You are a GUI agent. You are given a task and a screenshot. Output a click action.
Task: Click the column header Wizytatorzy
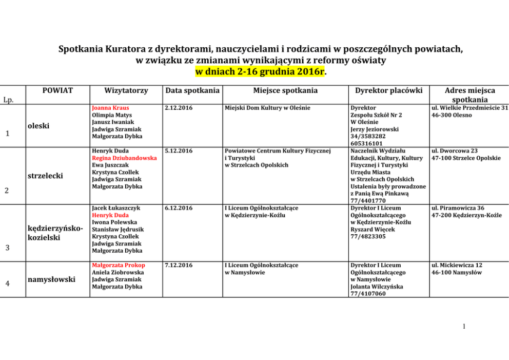point(126,90)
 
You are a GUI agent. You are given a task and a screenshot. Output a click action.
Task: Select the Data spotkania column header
point(192,90)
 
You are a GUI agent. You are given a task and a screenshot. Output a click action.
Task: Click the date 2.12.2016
point(179,108)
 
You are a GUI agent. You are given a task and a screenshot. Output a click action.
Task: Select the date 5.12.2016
point(179,151)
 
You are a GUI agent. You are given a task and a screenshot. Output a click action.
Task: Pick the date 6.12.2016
point(179,208)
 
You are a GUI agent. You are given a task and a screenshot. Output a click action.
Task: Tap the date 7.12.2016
point(179,265)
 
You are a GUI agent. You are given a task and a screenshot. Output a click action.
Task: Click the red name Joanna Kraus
point(110,108)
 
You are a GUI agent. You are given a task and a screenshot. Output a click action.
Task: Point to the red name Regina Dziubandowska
point(124,158)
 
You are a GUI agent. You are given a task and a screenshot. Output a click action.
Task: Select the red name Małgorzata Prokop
point(118,265)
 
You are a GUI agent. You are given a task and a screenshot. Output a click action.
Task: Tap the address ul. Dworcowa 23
point(455,151)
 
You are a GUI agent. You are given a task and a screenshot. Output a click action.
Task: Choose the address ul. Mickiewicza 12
point(457,265)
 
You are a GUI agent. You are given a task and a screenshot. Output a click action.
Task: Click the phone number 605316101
point(367,144)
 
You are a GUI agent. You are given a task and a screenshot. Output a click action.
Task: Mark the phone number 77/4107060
point(368,294)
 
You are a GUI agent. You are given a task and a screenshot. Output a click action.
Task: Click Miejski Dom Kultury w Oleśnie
point(267,108)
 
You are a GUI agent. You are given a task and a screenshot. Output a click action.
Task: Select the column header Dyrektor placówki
point(388,90)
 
